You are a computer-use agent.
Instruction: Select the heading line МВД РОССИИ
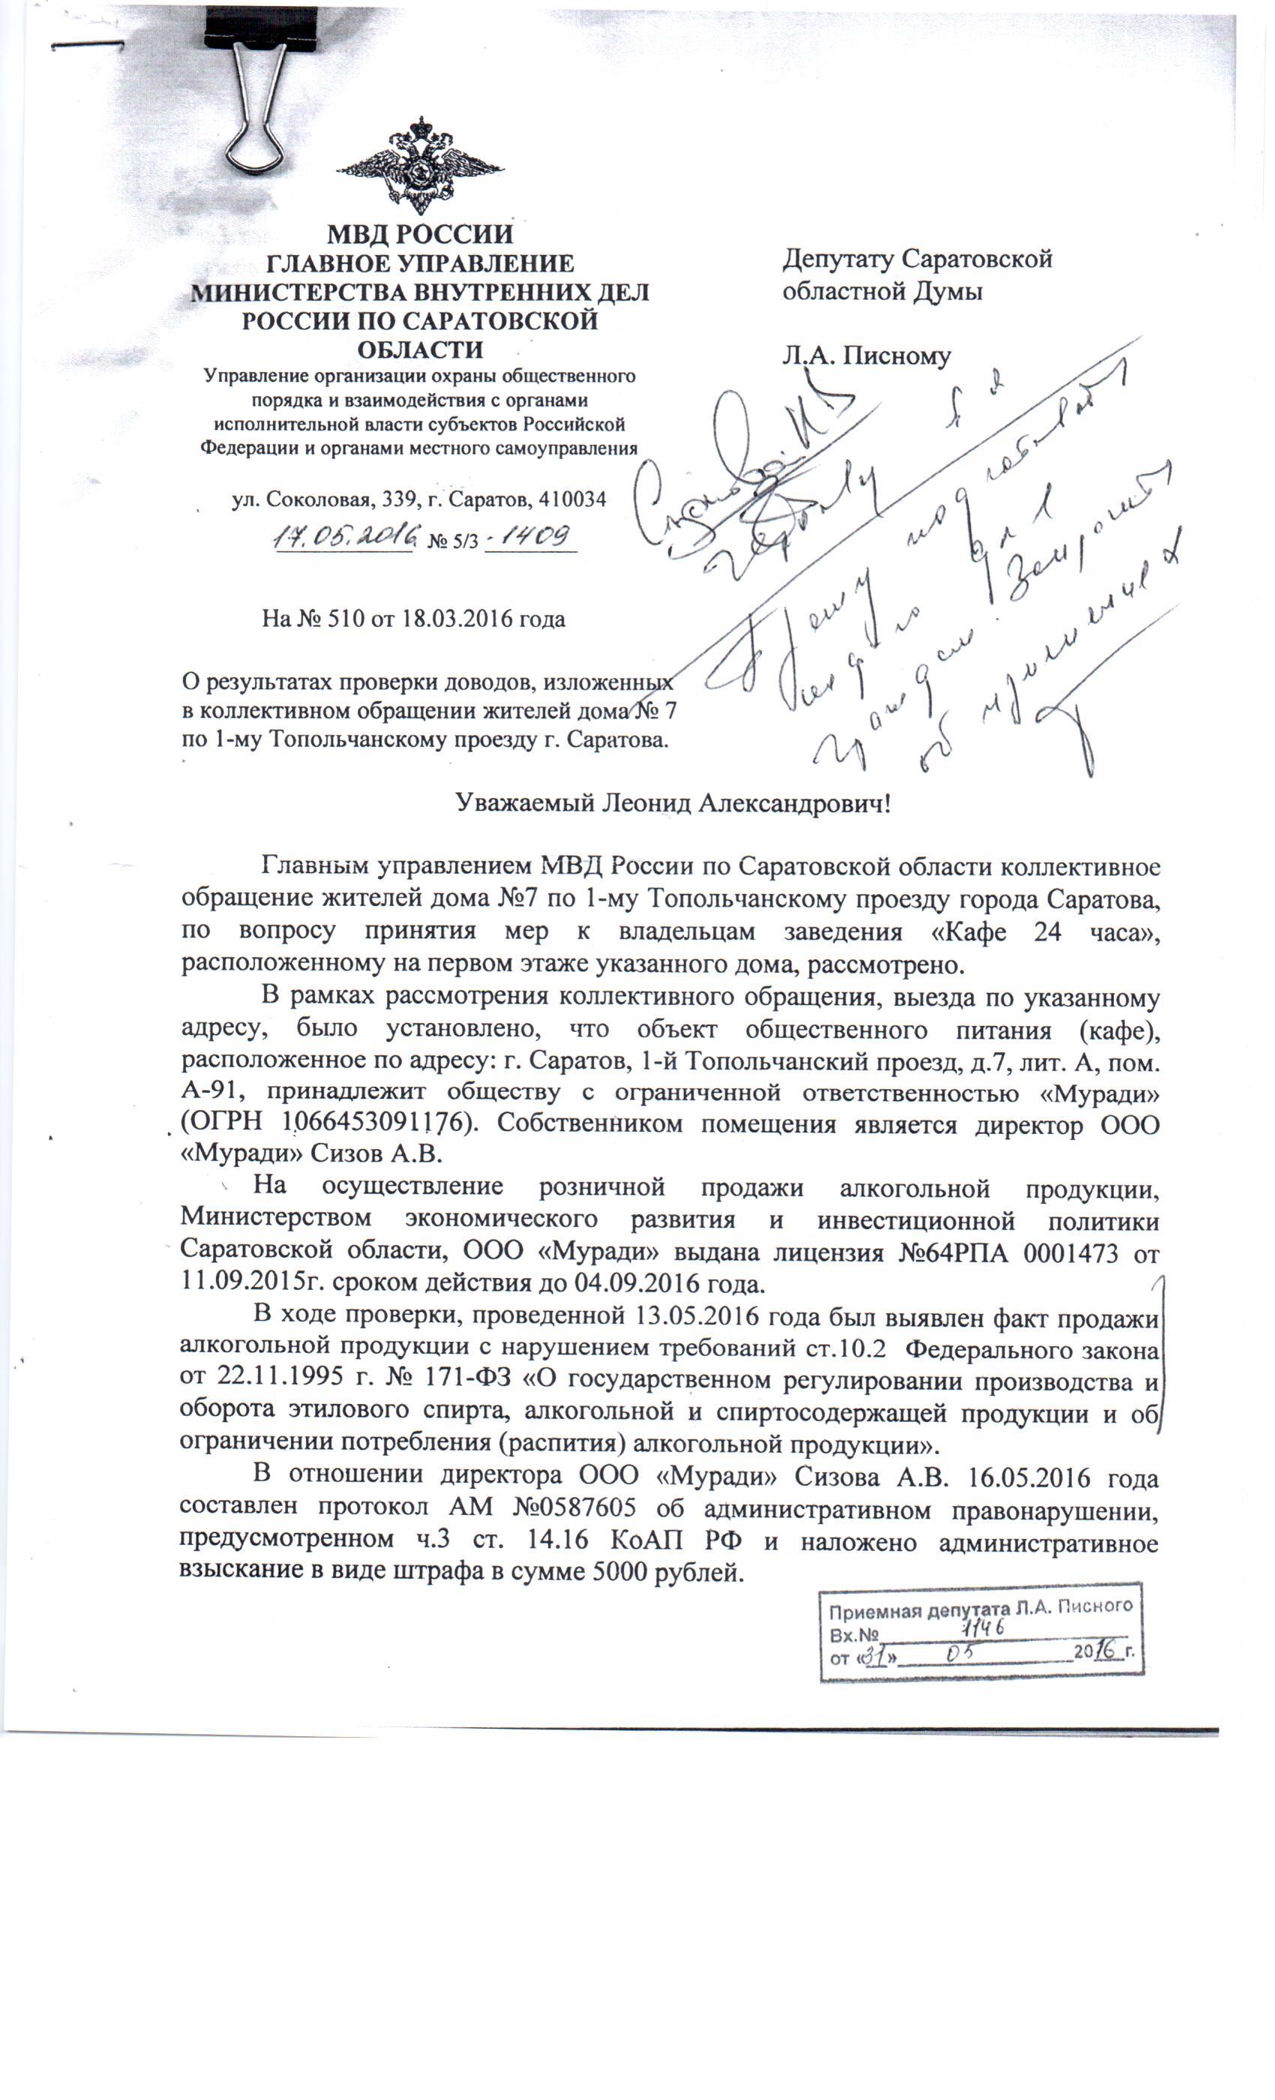(x=420, y=233)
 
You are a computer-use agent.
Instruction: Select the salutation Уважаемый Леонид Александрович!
(x=673, y=802)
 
